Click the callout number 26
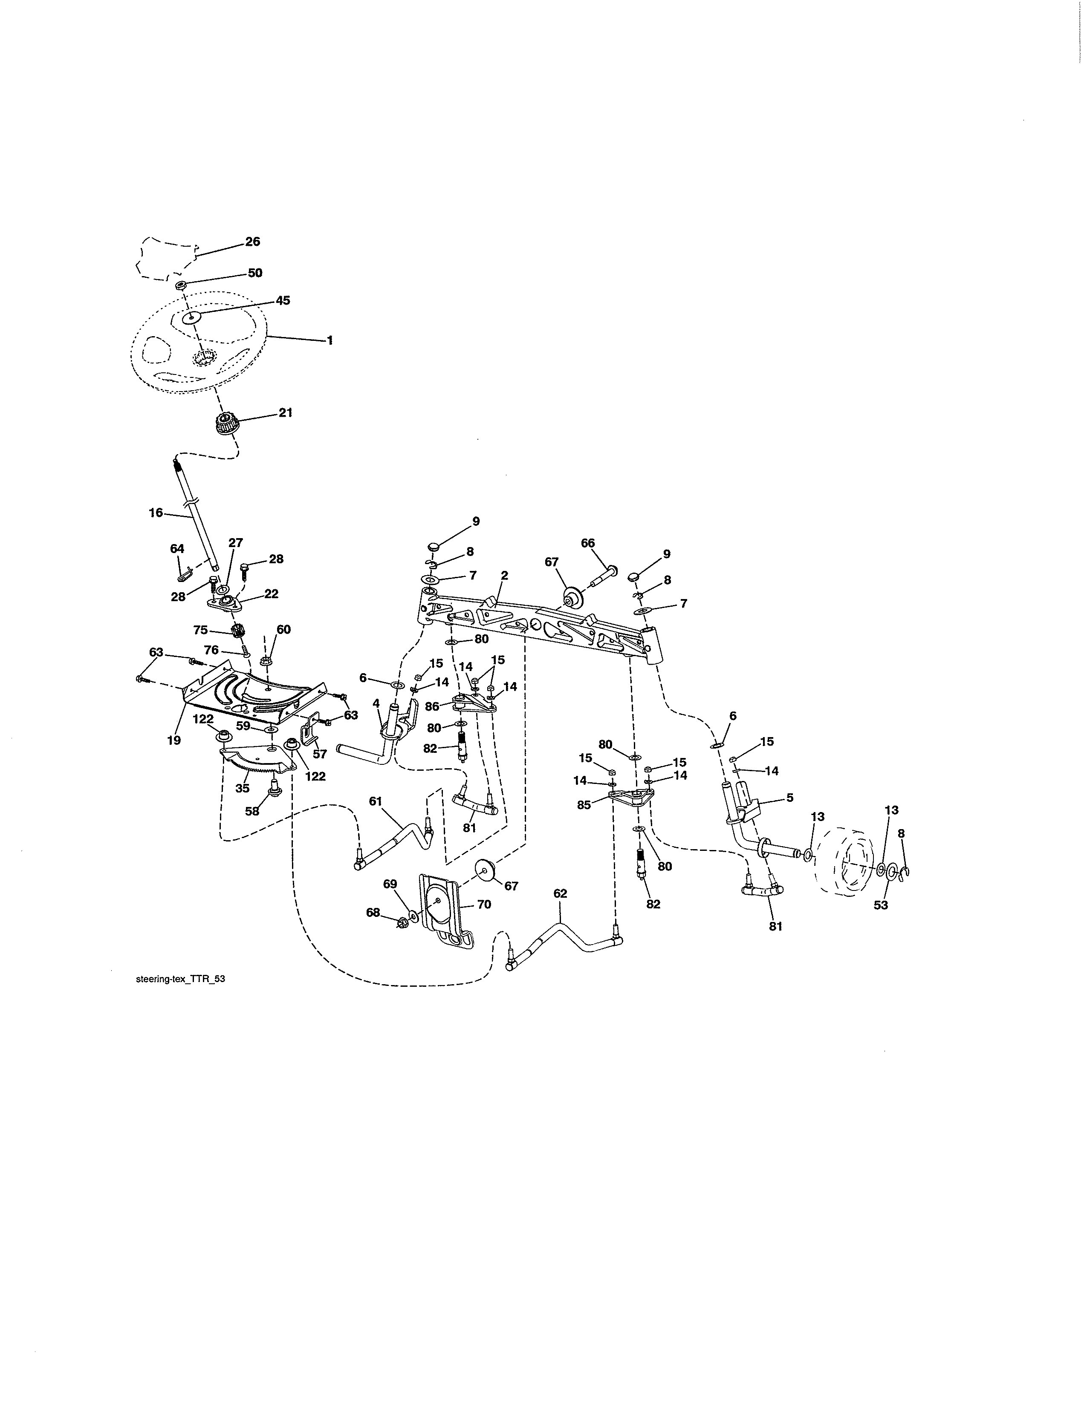(x=252, y=242)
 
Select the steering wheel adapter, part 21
(x=224, y=425)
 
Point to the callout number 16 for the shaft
(x=156, y=513)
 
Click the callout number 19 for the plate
(x=174, y=740)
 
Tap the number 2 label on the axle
(x=504, y=576)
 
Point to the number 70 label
(x=484, y=905)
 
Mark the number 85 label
(x=584, y=805)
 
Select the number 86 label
(x=432, y=706)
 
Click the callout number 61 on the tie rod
(x=376, y=801)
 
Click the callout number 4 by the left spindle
(x=376, y=704)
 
